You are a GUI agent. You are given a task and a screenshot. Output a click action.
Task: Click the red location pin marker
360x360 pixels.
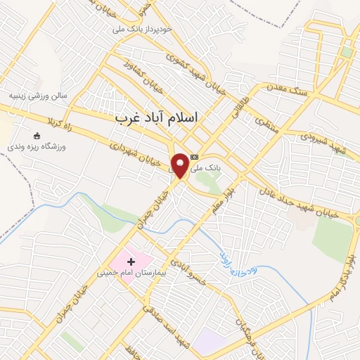(181, 165)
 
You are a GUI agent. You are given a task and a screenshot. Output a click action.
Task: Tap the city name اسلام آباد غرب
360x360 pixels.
(157, 119)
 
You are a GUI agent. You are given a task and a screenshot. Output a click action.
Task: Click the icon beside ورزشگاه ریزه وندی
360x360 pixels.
(37, 136)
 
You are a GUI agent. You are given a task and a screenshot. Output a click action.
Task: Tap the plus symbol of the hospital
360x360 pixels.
(131, 262)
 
